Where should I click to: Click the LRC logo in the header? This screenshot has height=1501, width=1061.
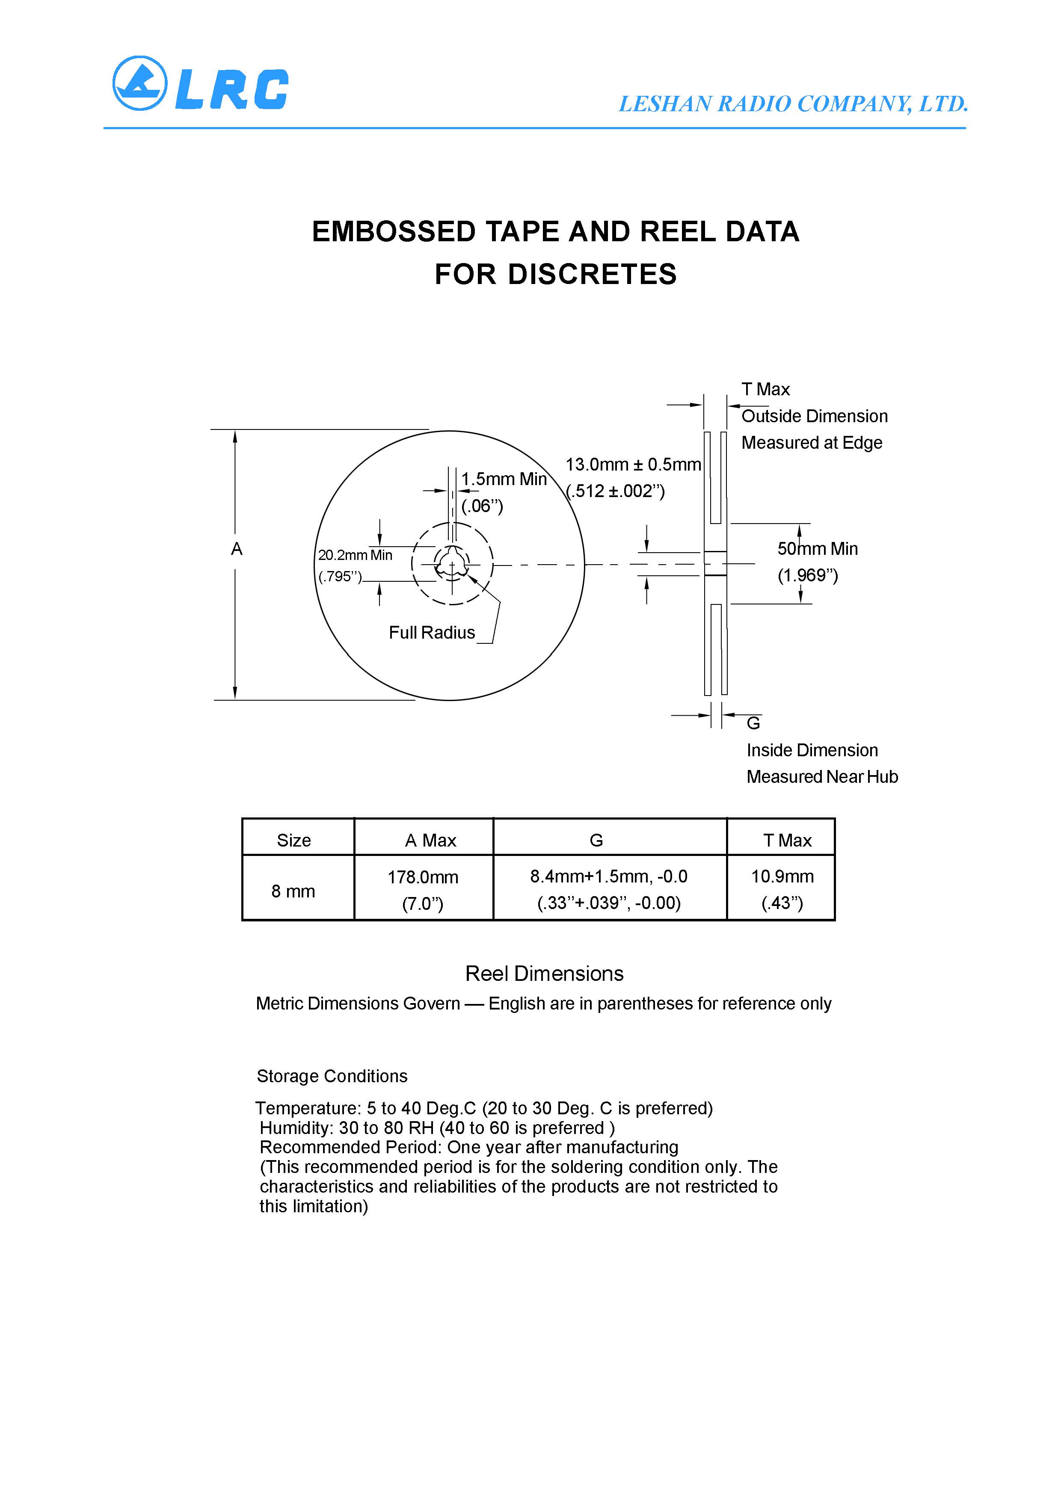[200, 84]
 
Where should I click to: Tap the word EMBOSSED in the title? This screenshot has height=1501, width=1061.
[393, 232]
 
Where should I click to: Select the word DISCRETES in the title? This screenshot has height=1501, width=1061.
[592, 275]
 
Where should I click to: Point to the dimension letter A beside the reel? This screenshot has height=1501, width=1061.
[237, 549]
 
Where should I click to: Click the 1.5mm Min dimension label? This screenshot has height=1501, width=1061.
[504, 479]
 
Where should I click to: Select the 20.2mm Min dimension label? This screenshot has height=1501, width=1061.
[355, 555]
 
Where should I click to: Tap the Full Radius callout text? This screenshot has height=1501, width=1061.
[432, 633]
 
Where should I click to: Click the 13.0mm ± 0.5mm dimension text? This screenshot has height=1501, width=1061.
[633, 465]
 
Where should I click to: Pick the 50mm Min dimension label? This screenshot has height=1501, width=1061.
[817, 549]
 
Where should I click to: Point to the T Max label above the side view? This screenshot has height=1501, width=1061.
[765, 390]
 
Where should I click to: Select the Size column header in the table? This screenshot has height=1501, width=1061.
[293, 841]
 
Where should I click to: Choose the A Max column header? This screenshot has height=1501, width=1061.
[430, 841]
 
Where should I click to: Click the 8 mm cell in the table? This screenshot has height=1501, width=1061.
[293, 891]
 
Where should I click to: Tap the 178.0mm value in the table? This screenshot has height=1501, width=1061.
[423, 877]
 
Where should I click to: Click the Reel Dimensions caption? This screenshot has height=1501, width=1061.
[544, 974]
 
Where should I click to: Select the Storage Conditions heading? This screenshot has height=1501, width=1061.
[332, 1076]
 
